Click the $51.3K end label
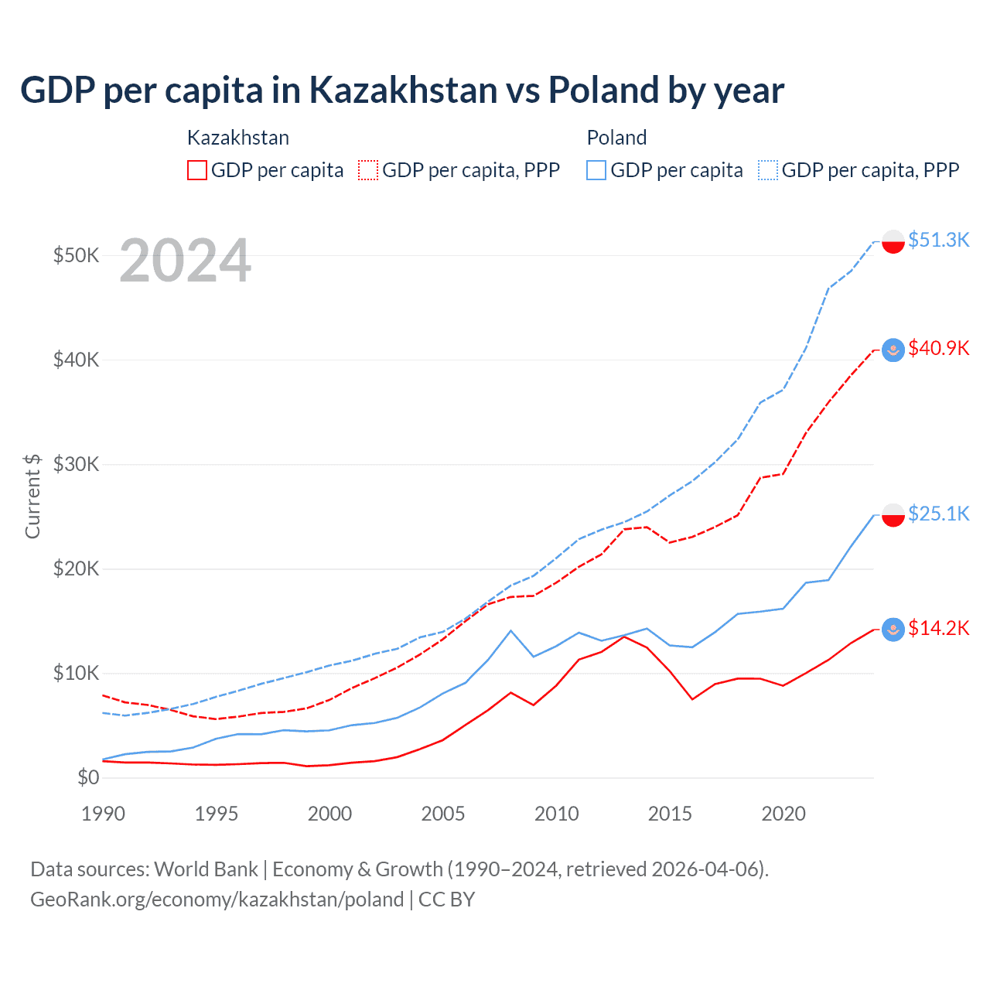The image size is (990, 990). click(x=938, y=241)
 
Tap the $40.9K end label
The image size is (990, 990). click(x=938, y=349)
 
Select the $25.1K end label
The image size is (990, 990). click(x=938, y=514)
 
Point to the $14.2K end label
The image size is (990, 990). click(x=938, y=629)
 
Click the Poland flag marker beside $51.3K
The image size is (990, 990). click(x=893, y=241)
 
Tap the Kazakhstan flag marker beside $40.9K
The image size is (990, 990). click(x=893, y=350)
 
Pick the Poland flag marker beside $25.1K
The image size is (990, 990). click(x=893, y=515)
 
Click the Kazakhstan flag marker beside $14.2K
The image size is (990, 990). click(x=893, y=630)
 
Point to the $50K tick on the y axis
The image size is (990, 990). click(x=76, y=256)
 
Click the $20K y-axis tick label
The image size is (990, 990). click(x=76, y=569)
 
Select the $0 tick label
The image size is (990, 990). click(x=88, y=778)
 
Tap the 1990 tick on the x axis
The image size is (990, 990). click(x=103, y=814)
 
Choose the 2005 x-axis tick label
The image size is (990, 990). click(x=443, y=814)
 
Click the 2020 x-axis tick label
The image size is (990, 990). click(x=783, y=814)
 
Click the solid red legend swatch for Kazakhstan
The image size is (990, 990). click(x=197, y=170)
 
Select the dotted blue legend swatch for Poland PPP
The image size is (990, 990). click(x=768, y=170)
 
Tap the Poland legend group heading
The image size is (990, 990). click(x=616, y=138)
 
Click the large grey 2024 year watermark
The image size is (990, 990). click(x=186, y=261)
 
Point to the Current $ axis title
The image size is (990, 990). click(x=32, y=496)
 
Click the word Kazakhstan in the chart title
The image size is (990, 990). click(x=404, y=90)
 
